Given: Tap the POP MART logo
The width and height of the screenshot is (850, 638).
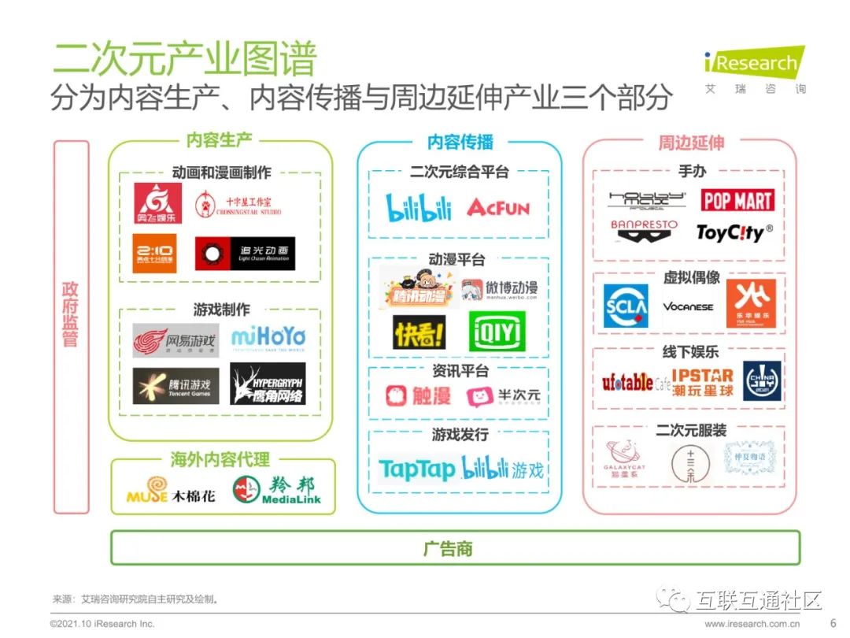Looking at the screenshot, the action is click(x=737, y=200).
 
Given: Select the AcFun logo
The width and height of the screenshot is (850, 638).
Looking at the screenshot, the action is click(x=498, y=207).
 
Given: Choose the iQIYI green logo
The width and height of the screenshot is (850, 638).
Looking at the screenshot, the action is click(x=497, y=332).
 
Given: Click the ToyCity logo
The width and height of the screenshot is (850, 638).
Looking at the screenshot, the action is click(x=734, y=232).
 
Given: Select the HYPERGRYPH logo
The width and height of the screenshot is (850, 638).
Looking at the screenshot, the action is click(x=268, y=384).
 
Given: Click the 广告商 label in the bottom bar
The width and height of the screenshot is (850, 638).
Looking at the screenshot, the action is click(x=448, y=548).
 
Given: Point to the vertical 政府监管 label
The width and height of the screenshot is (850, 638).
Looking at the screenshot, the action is click(x=70, y=315).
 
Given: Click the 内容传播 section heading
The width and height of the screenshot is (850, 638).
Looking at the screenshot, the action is click(x=460, y=142).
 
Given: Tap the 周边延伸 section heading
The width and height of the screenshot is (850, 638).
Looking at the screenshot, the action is click(x=691, y=143).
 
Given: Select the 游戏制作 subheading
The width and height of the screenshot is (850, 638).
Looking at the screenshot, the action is click(x=221, y=310).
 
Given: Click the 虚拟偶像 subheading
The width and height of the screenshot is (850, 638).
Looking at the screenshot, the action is click(x=691, y=277).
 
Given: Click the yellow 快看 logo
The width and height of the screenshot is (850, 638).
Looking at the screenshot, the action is click(x=419, y=333).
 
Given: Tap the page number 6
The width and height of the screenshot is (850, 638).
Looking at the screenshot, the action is click(x=833, y=622).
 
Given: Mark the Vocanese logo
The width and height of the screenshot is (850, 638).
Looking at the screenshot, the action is click(x=688, y=306).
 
